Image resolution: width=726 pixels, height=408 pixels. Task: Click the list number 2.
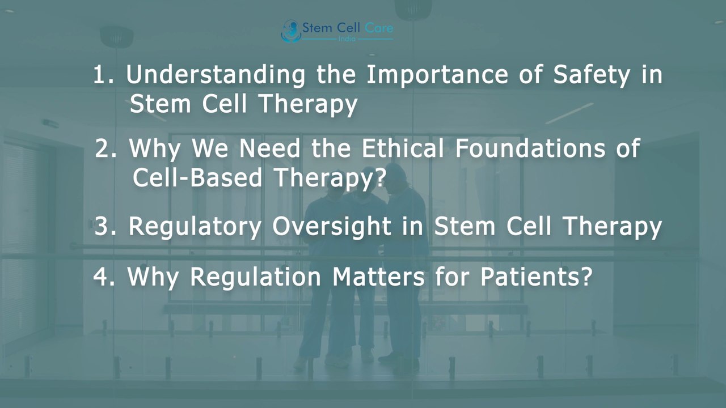[106, 149]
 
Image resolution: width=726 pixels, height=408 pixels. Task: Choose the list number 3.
[105, 227]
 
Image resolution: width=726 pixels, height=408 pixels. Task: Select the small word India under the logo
[347, 39]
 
